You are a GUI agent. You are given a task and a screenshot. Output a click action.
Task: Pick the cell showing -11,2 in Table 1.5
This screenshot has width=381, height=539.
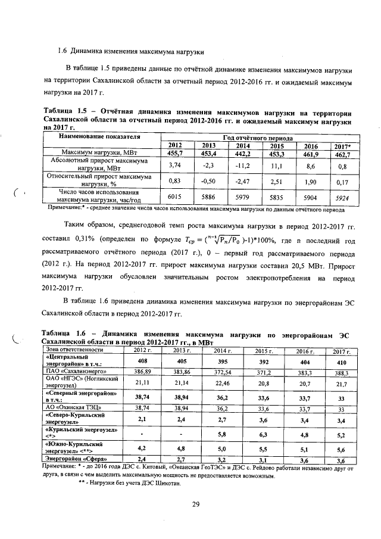coord(242,165)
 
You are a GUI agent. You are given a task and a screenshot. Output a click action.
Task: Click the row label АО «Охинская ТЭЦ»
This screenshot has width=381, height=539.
coord(72,409)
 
